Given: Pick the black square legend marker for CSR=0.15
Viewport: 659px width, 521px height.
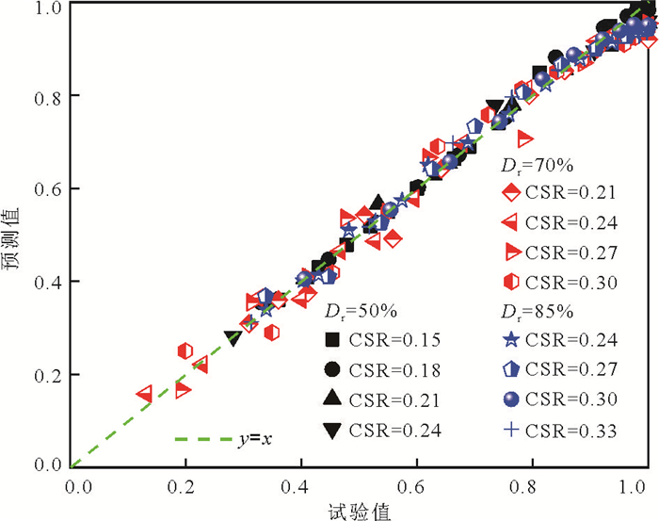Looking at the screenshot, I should (330, 339).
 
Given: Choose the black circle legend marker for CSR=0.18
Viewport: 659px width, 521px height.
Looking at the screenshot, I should (330, 369).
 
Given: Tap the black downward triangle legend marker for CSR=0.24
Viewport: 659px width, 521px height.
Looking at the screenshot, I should (330, 431).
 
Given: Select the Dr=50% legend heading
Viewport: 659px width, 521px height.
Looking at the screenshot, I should (352, 310).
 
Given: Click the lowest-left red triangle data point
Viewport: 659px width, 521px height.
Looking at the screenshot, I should (145, 393).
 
